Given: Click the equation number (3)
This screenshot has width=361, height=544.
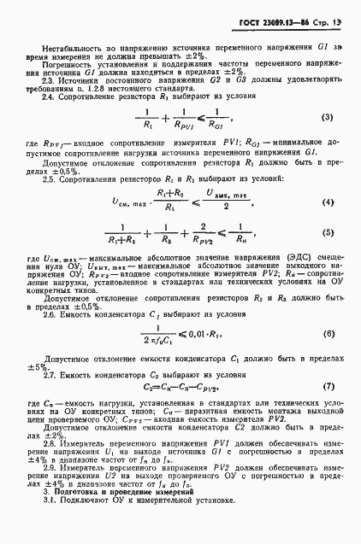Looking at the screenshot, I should (328, 116).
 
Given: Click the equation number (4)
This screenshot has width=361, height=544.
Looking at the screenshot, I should (328, 225).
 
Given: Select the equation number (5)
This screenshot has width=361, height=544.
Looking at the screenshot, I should (328, 255).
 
